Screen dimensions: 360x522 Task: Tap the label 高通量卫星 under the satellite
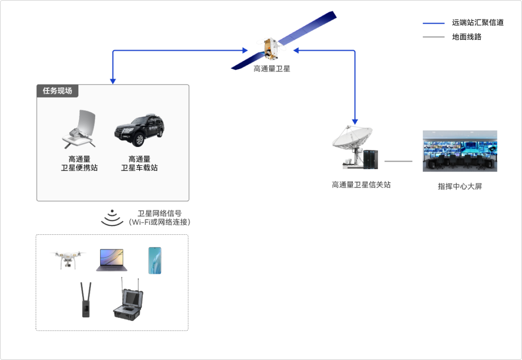[x=272, y=69]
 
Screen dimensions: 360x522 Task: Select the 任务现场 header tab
[x=58, y=91]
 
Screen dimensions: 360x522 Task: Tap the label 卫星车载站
[x=139, y=168]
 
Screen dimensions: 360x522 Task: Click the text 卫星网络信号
[x=159, y=213]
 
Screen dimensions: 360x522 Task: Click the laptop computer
[x=112, y=260]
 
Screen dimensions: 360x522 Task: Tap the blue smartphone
[x=155, y=260]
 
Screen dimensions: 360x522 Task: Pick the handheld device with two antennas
[x=86, y=300]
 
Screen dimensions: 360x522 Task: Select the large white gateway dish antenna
[x=352, y=140]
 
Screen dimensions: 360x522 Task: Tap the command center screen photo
[x=460, y=151]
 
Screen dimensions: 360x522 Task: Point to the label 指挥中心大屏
[x=460, y=186]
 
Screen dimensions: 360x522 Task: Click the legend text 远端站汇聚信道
[x=478, y=23]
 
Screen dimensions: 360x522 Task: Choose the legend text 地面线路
[x=466, y=37]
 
